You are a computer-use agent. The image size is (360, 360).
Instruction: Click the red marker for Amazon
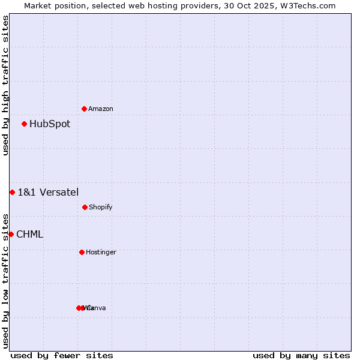[84, 109]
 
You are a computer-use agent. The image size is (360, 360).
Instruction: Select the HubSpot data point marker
[24, 124]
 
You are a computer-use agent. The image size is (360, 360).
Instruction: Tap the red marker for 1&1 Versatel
[12, 192]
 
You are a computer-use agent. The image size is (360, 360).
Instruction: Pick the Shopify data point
[85, 207]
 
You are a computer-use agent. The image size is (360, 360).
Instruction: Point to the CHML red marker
[11, 234]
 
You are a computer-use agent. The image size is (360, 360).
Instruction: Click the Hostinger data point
[82, 252]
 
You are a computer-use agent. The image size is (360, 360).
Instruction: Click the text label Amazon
[101, 109]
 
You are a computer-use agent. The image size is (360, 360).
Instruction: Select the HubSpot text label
[50, 124]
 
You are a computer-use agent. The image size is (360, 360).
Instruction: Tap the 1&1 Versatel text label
[48, 192]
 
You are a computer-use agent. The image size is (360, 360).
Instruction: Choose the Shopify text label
[101, 208]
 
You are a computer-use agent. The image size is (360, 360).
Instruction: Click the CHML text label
[30, 235]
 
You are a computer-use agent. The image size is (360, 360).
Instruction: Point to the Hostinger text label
[101, 253]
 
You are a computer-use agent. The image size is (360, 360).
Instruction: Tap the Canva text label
[97, 308]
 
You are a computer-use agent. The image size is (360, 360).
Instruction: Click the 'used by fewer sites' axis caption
[62, 356]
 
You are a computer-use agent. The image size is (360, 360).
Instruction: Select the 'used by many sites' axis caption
[301, 356]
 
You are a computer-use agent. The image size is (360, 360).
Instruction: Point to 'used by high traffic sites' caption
[6, 85]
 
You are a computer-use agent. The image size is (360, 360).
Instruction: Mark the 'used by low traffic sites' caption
[6, 280]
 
